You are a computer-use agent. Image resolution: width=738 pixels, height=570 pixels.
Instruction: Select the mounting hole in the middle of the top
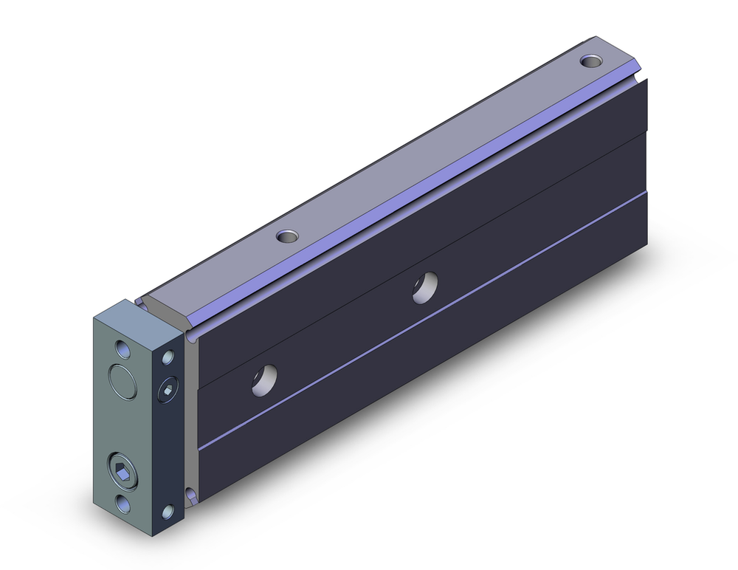click(286, 237)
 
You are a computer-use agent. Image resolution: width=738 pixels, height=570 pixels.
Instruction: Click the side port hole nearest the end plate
click(263, 380)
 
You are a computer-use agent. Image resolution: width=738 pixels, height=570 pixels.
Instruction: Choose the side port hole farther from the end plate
click(424, 286)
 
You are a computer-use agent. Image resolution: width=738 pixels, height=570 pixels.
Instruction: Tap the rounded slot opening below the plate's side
click(191, 494)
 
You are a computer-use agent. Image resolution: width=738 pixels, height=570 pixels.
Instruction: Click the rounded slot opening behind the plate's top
click(190, 336)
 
